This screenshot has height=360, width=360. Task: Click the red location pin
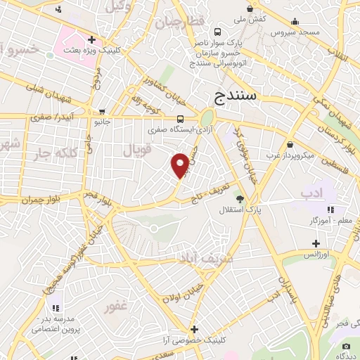pos(181,165)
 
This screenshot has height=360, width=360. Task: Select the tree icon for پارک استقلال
pos(240,199)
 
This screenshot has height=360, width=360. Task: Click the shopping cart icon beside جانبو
pos(102,111)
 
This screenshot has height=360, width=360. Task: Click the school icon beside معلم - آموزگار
pos(331,209)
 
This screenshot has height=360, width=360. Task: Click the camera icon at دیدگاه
pos(346,347)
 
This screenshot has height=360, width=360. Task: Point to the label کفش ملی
pos(249,19)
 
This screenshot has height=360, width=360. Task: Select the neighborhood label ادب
pos(309,193)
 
